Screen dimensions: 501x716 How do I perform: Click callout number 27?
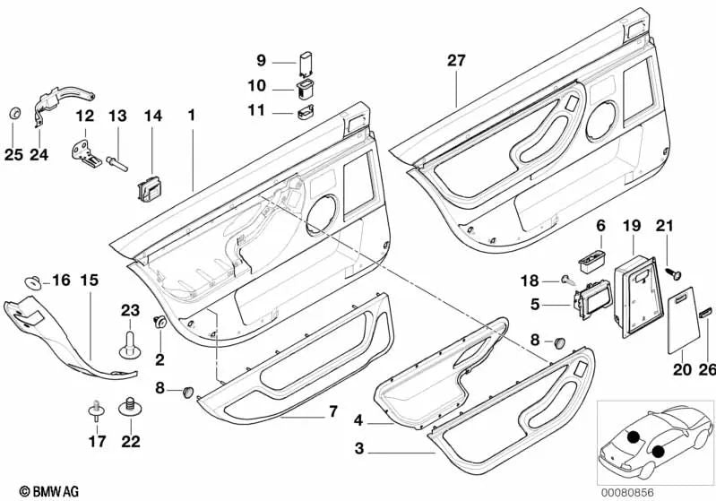pos(457,61)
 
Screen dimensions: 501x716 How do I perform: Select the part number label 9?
pos(262,61)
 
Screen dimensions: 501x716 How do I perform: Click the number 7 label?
pos(332,412)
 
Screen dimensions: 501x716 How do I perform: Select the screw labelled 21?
pos(673,266)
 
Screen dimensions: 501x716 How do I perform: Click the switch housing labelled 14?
pos(149,189)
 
